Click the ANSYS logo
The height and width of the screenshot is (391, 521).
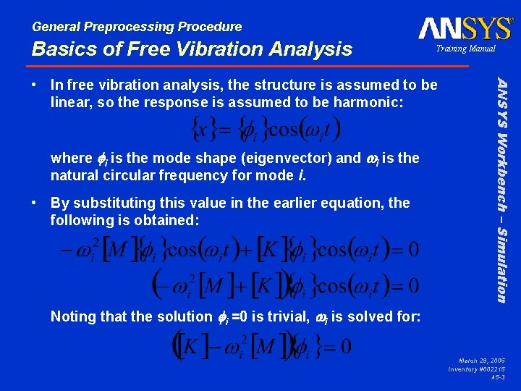(465, 28)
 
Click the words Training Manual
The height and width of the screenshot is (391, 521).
(465, 49)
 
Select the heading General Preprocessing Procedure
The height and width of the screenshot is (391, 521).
(137, 27)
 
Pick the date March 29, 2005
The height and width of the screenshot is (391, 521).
(482, 360)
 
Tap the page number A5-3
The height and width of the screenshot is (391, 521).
(498, 377)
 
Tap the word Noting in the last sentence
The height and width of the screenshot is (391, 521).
(73, 316)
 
